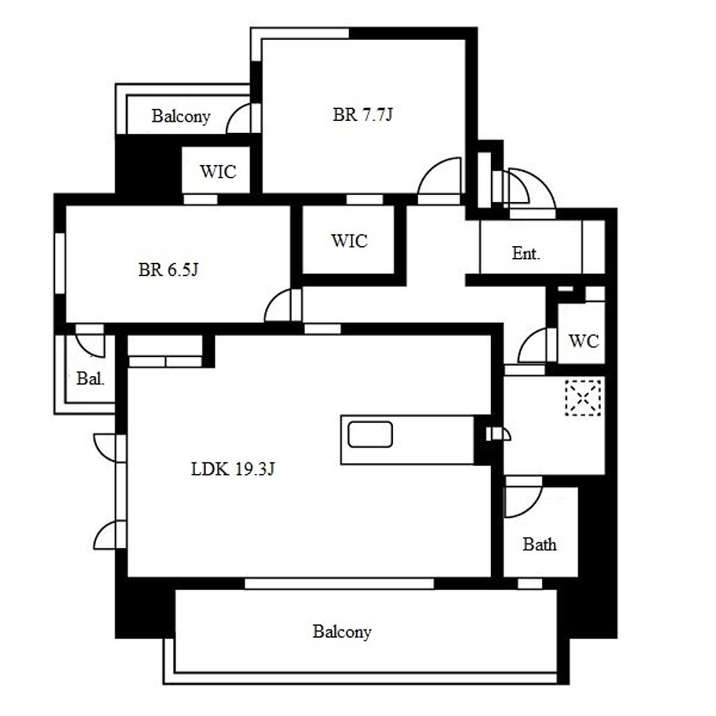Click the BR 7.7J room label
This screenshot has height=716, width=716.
363,114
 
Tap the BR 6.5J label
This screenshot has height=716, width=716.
168,269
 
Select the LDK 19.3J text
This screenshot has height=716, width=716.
232,469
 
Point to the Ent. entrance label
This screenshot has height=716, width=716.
526,253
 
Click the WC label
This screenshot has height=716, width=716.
584,341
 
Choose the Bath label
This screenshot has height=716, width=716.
539,544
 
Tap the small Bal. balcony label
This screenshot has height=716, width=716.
90,378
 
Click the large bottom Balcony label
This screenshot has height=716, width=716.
342,632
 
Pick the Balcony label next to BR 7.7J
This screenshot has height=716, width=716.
181,117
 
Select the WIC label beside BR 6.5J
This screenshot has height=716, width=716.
350,241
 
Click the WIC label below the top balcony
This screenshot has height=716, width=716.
218,172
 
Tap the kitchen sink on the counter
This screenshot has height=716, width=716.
370,434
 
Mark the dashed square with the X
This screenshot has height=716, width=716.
583,398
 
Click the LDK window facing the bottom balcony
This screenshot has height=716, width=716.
339,583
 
